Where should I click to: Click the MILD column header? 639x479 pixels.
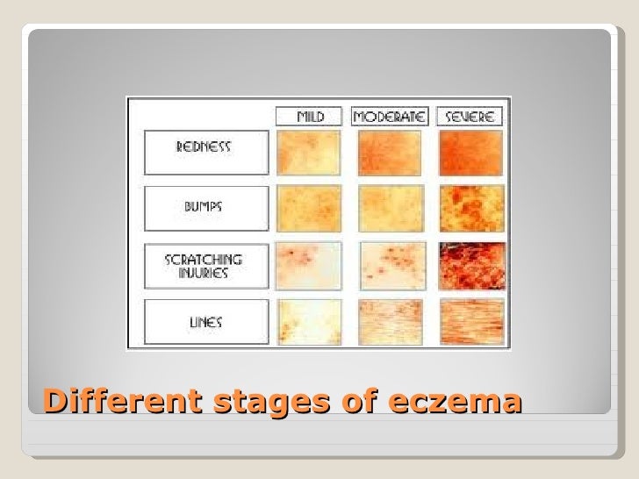click(x=309, y=116)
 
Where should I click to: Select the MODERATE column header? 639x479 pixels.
click(x=389, y=116)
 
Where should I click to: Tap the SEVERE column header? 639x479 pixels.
click(x=470, y=116)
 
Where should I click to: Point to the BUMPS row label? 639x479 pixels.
click(x=205, y=208)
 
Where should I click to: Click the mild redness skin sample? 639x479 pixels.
click(x=308, y=153)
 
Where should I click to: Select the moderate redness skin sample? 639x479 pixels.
click(x=390, y=153)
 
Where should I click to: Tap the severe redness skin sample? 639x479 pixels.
click(x=471, y=153)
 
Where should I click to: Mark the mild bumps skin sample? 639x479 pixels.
click(x=308, y=208)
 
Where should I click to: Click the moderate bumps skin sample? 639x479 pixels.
click(x=390, y=208)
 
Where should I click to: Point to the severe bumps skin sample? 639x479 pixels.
click(x=471, y=208)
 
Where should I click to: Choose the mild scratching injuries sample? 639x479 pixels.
click(x=308, y=265)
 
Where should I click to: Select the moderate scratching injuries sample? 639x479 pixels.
click(x=390, y=265)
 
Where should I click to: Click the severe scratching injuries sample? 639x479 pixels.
click(x=471, y=265)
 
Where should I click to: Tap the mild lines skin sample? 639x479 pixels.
click(x=308, y=322)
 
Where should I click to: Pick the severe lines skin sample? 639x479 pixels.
click(x=471, y=322)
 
